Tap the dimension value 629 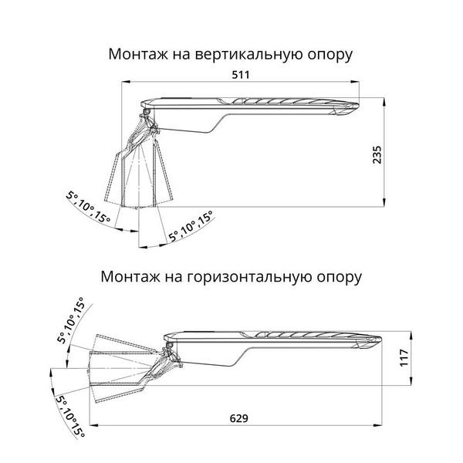pos(239,417)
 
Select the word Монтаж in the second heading pos(128,275)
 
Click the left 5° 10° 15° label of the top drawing pos(89,206)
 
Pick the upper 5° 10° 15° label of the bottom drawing pos(73,319)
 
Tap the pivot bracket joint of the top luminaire pos(147,121)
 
